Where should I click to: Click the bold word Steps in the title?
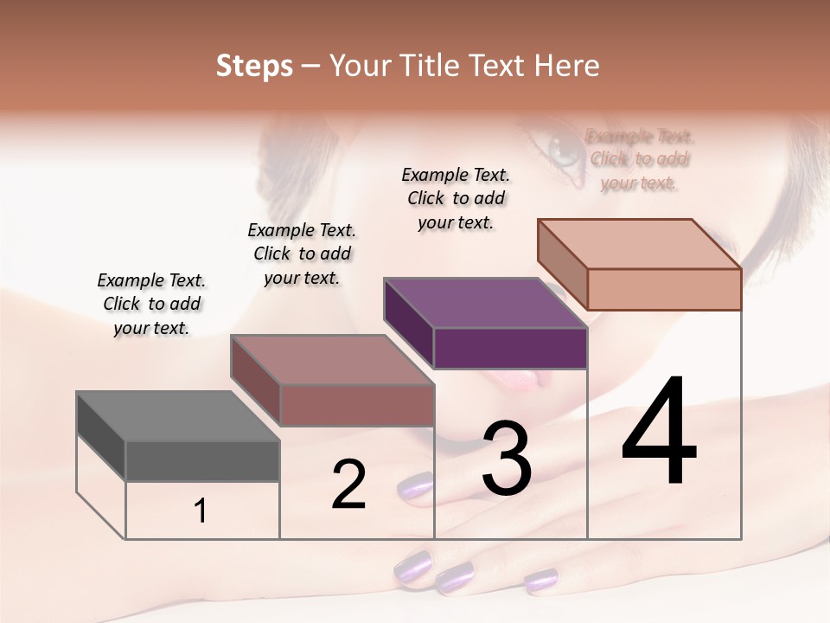coord(254,66)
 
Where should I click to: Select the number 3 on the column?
coord(506,459)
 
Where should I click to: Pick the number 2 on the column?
coord(348,485)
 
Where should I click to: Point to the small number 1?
coord(201,511)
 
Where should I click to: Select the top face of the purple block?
coord(484,303)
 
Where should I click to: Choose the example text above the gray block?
coord(151,304)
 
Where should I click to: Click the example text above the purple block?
coord(456,198)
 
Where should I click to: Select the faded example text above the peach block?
coord(639,159)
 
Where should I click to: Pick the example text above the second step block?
coord(302,254)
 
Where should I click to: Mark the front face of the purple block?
coord(510,348)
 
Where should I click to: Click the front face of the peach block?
coord(664,289)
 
